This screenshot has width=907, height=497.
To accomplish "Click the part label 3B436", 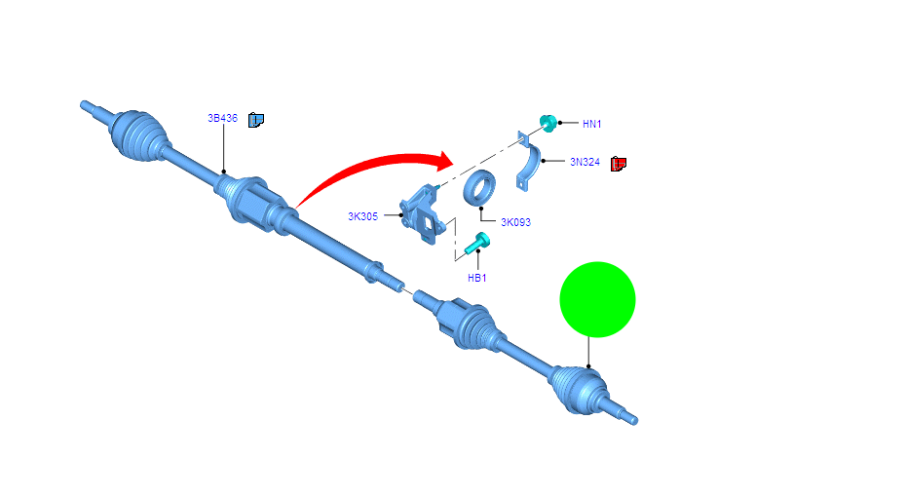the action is [x=223, y=118].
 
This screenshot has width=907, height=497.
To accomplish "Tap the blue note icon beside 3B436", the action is [x=256, y=120].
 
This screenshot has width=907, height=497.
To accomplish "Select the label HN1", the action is [x=591, y=124].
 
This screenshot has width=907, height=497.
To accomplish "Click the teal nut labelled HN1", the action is [x=548, y=123].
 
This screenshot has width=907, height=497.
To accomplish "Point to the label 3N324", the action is [x=585, y=162].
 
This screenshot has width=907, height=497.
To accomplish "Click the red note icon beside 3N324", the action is [x=619, y=164].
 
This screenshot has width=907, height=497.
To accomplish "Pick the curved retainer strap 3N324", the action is [x=530, y=165].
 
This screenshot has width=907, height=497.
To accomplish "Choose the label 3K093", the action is [x=515, y=222].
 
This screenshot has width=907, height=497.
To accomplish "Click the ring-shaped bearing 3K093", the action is [x=479, y=187].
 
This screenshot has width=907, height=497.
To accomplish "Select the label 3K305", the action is [x=362, y=216].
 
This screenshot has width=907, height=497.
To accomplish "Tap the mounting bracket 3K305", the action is [x=423, y=214].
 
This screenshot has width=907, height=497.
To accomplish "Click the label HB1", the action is [x=476, y=279].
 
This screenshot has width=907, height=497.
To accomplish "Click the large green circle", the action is [x=597, y=300].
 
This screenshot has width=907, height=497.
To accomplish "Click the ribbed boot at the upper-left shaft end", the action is [x=138, y=135].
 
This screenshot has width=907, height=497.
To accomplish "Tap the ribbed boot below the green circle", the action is [x=579, y=390].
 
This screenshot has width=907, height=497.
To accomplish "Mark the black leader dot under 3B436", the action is [x=223, y=172].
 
